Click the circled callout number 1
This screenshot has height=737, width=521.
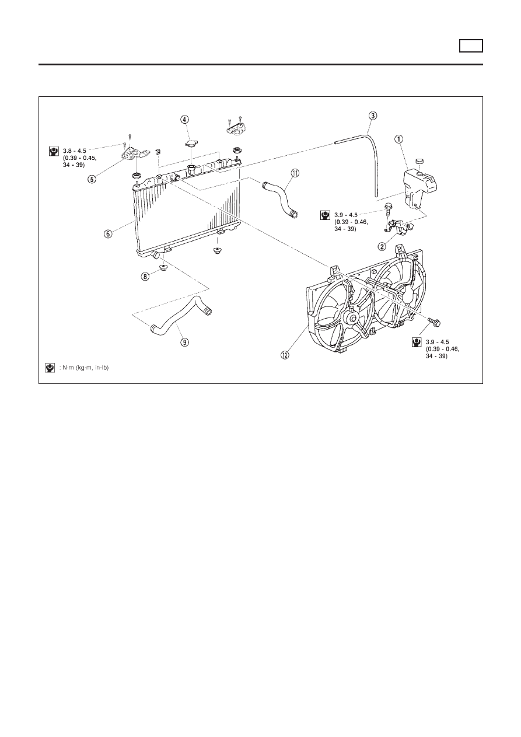pos(398,139)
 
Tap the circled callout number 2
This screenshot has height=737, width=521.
pos(382,246)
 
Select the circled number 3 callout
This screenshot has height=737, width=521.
pos(373,116)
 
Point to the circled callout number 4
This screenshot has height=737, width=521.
pos(184,119)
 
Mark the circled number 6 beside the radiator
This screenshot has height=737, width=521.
pos(108,233)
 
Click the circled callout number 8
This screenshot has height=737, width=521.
pos(145,277)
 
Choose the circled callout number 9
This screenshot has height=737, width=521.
pos(184,343)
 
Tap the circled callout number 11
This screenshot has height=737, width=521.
pos(295,173)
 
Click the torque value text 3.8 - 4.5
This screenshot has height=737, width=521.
pos(74,151)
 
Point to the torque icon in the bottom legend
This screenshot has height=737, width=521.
pos(50,368)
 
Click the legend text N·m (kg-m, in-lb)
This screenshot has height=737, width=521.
pos(85,368)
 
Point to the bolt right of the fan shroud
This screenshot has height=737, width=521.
pos(434,321)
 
